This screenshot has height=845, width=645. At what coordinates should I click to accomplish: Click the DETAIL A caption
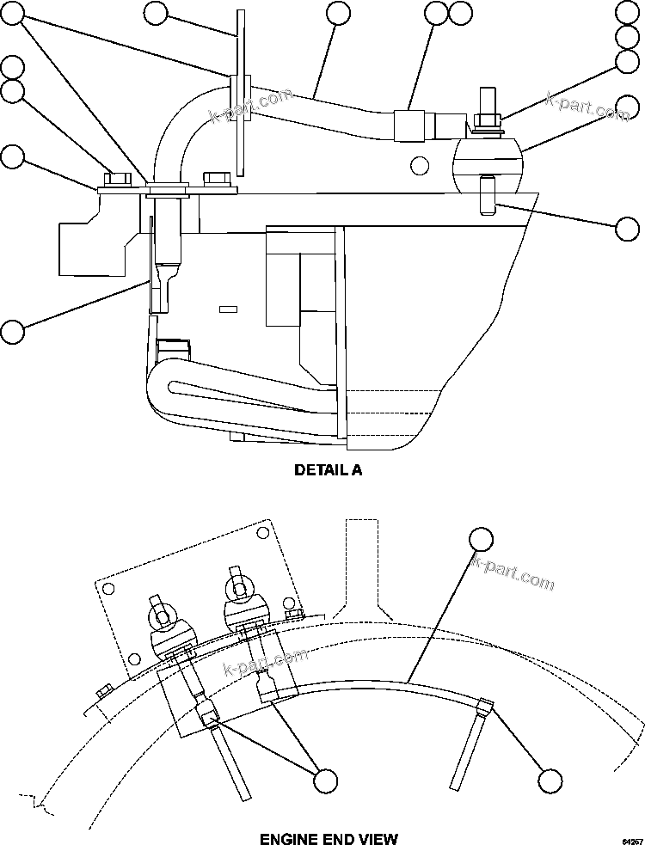(x=328, y=470)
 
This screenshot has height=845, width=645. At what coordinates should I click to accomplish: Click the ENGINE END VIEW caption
(x=329, y=838)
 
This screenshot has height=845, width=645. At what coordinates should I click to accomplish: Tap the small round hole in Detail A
(x=419, y=164)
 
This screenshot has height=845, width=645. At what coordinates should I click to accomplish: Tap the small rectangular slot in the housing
(x=228, y=309)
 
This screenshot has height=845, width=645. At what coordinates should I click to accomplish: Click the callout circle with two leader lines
(x=325, y=780)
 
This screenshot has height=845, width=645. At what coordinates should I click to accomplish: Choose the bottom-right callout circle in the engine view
(x=550, y=780)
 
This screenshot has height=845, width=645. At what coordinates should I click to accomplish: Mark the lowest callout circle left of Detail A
(x=12, y=331)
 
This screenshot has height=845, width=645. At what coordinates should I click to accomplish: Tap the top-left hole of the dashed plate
(x=108, y=589)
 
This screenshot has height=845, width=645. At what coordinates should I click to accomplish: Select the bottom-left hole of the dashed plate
(x=134, y=659)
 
